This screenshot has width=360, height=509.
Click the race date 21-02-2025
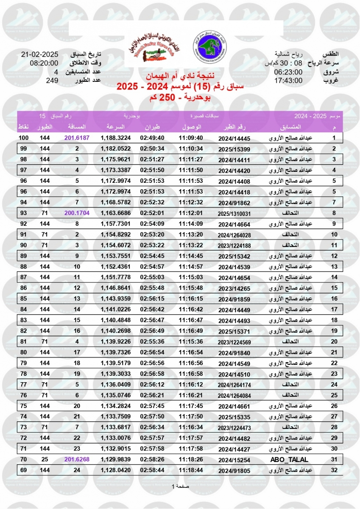tap(40, 55)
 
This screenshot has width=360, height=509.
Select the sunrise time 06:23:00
tap(288, 72)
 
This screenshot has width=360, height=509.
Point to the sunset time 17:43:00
tap(288, 80)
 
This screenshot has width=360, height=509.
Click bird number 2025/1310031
tap(235, 213)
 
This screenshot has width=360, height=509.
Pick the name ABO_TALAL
tap(290, 460)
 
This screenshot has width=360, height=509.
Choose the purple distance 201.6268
tap(77, 460)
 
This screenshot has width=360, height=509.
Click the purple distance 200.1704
tap(77, 213)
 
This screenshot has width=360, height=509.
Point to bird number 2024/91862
tap(235, 202)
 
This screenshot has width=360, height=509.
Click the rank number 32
tap(334, 470)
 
